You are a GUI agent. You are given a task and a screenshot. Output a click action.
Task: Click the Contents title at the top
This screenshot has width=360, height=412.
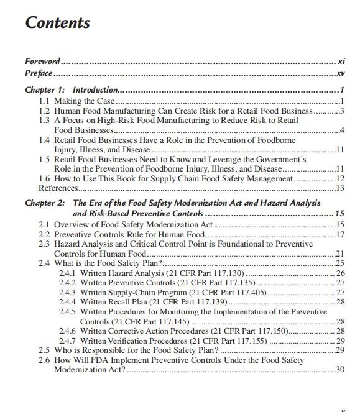pos(57,23)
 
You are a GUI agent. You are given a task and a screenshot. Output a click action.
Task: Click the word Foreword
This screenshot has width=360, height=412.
pos(42,61)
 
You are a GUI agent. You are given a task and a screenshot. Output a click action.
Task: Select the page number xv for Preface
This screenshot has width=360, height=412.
pos(340,73)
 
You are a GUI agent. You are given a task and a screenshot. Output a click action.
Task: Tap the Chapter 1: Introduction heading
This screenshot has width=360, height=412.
pos(71,90)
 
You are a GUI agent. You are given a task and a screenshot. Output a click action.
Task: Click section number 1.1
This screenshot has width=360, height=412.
pos(45,101)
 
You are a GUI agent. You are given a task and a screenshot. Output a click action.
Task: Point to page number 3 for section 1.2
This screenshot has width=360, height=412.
pos(342,111)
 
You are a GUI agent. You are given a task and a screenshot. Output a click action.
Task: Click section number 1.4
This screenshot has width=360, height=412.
pos(45,140)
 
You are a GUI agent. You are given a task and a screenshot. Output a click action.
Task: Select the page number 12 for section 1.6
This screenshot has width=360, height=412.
pos(339,178)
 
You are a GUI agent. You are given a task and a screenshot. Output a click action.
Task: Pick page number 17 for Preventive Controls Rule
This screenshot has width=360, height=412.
pos(339,235)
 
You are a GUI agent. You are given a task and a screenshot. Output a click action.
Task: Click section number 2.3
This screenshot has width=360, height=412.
pos(45,244)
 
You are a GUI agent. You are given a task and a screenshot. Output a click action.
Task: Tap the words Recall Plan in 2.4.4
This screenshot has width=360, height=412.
pos(129,301)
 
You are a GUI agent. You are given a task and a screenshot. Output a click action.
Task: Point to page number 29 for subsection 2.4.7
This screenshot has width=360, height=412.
pos(340,341)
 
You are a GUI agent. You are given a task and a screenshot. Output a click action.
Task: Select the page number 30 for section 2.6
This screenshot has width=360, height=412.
pos(339,370)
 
